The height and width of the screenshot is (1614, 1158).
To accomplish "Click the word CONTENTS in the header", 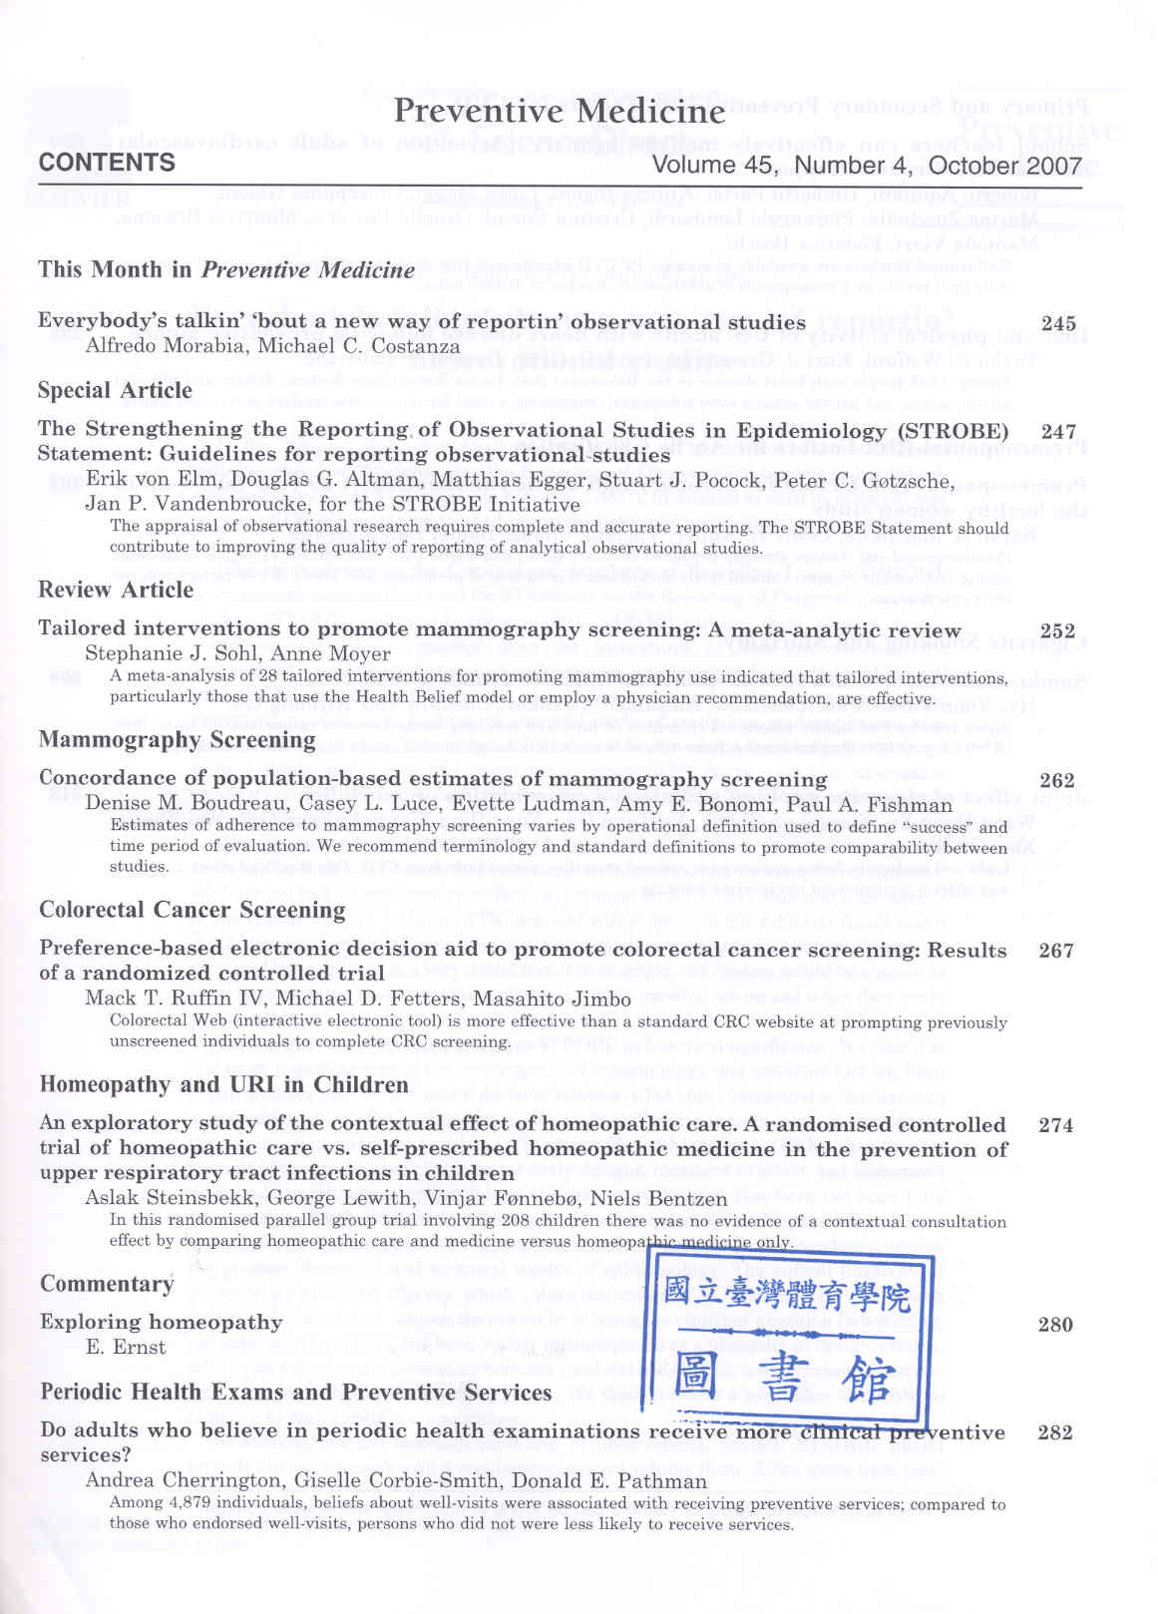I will [x=107, y=163].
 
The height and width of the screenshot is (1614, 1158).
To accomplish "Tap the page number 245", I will [x=1058, y=323].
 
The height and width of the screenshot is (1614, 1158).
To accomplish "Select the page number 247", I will [x=1058, y=432].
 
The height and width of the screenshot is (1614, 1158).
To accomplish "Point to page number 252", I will [x=1057, y=630].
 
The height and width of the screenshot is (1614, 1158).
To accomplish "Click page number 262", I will [x=1057, y=780].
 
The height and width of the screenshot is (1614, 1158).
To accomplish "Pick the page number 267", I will [x=1056, y=950].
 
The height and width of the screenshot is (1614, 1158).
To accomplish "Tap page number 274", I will [x=1056, y=1125].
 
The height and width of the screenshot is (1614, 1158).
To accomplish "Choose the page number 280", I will [x=1055, y=1325].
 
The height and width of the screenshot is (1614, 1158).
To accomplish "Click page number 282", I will [x=1055, y=1432].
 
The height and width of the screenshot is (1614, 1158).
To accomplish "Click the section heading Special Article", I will [x=115, y=390].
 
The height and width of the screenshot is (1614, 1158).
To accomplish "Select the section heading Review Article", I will [x=116, y=590].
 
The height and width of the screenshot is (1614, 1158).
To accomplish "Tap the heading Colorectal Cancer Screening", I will [x=193, y=910].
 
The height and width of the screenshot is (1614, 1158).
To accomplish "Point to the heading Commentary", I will [x=107, y=1284].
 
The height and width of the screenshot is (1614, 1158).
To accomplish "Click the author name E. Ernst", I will [x=126, y=1348].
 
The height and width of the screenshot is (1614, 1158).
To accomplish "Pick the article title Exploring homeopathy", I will [x=162, y=1323].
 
